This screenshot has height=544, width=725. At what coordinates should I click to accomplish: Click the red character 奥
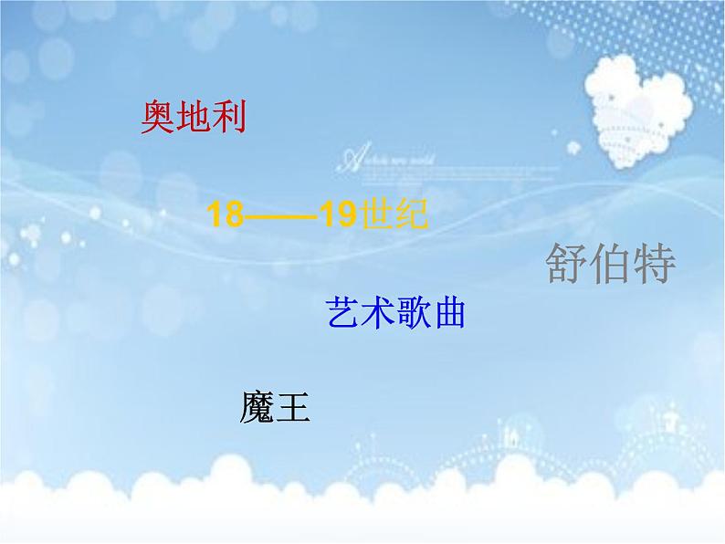point(159,117)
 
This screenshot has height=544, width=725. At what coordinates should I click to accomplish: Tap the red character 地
point(194,117)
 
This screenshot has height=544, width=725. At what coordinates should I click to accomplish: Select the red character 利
point(230,117)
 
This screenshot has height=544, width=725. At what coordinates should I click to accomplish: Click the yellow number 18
point(226,217)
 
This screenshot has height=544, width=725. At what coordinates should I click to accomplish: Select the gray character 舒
point(567,266)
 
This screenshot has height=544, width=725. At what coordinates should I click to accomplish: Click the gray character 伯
point(610,266)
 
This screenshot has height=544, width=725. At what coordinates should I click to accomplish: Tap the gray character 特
point(654,266)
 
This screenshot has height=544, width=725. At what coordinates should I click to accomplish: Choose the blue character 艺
point(342,313)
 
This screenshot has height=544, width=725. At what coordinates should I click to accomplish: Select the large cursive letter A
point(350,160)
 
